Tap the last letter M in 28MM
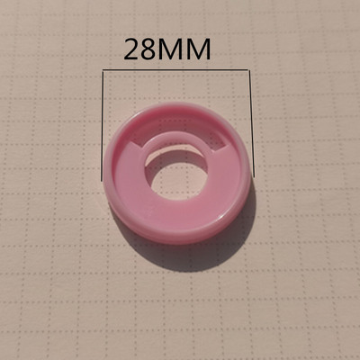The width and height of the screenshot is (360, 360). point(200,49)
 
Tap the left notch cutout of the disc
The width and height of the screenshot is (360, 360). point(135,142)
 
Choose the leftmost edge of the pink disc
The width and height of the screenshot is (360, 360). point(109,180)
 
